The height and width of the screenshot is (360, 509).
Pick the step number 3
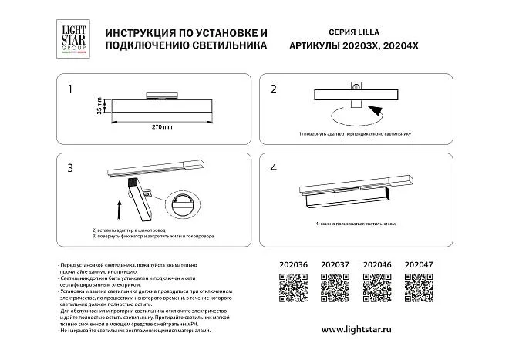71,168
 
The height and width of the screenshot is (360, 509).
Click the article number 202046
377,266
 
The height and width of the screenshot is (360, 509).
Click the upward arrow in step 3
118,207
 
